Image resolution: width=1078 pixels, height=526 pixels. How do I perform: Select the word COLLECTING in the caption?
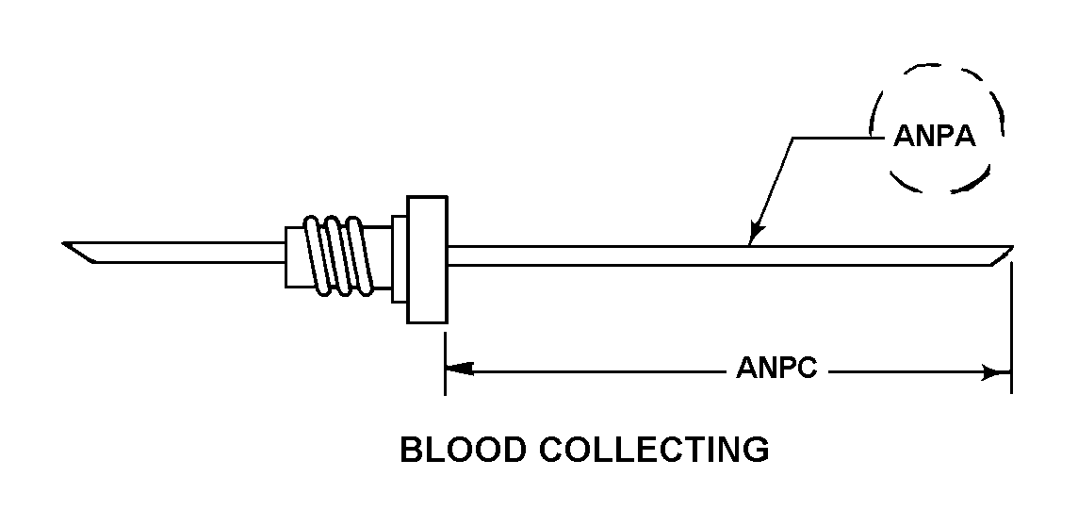[654, 450]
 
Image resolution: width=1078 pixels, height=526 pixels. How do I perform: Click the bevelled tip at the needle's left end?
[79, 252]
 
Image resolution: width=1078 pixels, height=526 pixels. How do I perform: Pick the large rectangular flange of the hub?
[426, 260]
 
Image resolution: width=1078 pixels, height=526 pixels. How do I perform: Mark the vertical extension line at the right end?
[1011, 330]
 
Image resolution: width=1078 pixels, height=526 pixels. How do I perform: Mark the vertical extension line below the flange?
[445, 358]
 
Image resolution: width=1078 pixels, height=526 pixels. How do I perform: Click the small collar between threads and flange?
[399, 259]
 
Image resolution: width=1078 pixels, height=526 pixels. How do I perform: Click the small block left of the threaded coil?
[293, 255]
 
